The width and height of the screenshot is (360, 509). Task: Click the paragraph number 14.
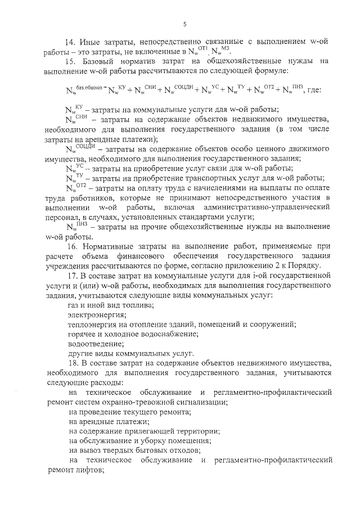click(71, 42)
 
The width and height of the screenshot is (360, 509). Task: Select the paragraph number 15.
click(71, 61)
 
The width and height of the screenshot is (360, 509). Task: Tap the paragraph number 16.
click(71, 247)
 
